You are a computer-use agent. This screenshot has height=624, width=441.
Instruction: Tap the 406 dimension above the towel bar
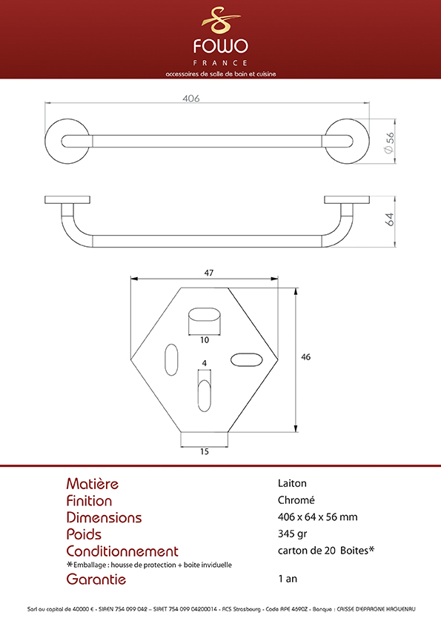coord(191,99)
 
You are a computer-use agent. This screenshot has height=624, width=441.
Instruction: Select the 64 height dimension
coord(390,219)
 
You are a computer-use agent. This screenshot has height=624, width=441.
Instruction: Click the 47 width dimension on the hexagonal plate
coord(208,273)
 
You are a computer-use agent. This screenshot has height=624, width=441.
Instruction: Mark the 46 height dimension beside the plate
coord(305,357)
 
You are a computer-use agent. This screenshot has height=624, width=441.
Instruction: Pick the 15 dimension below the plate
coord(204,451)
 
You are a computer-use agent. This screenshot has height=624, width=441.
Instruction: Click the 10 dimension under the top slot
coord(204,340)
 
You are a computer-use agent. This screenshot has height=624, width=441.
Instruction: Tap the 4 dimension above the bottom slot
coord(204,363)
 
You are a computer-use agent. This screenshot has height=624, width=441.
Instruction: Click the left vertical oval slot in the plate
coord(171,359)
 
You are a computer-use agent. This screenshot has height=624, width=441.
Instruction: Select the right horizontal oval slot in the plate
coord(246,359)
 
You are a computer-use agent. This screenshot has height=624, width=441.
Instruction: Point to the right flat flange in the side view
coord(347,200)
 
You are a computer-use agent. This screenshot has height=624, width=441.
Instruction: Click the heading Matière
coord(93,483)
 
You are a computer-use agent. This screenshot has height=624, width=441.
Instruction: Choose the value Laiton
coord(292,483)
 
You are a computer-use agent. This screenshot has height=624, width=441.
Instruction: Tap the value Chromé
coord(296,499)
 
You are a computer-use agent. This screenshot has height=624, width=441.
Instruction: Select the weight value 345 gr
coord(292,534)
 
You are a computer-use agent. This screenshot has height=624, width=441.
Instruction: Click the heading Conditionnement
coord(122,551)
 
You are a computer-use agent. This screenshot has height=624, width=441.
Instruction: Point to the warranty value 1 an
coord(288,579)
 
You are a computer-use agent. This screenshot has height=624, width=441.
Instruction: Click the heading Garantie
coord(96,579)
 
